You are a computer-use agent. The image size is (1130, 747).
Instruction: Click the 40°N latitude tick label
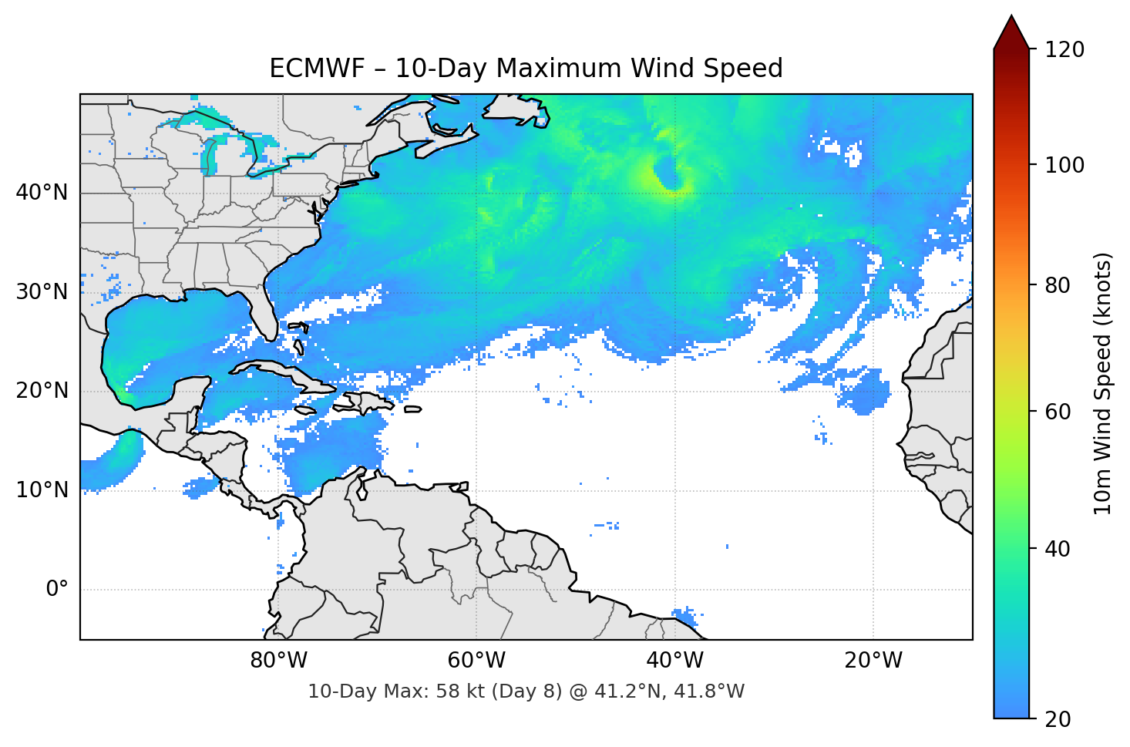(x=42, y=193)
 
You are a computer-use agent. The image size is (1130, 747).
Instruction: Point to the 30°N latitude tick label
(x=42, y=292)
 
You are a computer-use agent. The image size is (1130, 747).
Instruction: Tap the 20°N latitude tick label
(x=42, y=391)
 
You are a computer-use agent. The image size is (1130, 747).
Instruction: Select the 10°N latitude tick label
(x=42, y=490)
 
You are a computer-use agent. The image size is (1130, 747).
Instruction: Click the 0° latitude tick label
(x=56, y=590)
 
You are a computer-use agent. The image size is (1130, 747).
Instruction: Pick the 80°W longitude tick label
(x=278, y=661)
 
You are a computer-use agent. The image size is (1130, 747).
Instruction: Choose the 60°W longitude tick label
(x=476, y=661)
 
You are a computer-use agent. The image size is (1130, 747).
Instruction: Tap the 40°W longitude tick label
(x=674, y=661)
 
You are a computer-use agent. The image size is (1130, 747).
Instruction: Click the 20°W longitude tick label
(x=873, y=661)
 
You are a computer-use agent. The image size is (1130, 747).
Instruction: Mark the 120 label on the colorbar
(x=1064, y=50)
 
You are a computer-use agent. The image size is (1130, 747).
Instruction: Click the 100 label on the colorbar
(x=1064, y=165)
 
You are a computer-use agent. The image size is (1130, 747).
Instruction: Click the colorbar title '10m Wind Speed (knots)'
(x=1103, y=383)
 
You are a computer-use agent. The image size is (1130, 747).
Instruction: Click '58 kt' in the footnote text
(x=461, y=691)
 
